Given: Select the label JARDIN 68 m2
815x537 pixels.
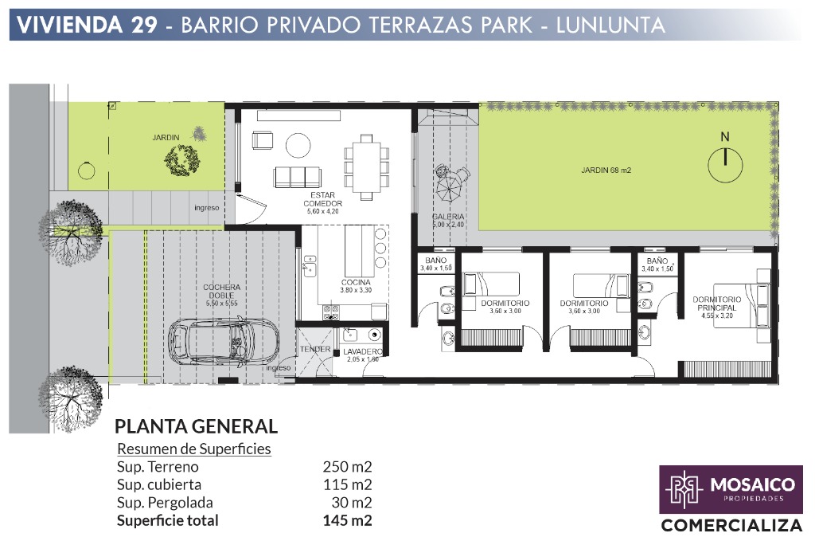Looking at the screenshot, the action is pyautogui.click(x=606, y=171).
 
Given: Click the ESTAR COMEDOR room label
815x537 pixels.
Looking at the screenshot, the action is pyautogui.click(x=323, y=199).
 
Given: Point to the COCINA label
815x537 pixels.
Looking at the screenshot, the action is pyautogui.click(x=356, y=283).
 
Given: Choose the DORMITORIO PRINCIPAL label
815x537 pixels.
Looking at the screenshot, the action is pyautogui.click(x=717, y=304).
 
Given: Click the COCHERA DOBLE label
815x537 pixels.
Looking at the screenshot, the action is pyautogui.click(x=222, y=291).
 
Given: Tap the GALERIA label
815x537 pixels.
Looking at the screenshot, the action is pyautogui.click(x=448, y=217).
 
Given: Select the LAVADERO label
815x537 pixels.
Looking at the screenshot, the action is pyautogui.click(x=363, y=351).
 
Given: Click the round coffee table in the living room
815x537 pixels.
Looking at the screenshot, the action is pyautogui.click(x=298, y=145).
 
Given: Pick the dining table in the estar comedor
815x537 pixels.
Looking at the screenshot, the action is pyautogui.click(x=366, y=167).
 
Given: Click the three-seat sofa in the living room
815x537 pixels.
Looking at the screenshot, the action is pyautogui.click(x=297, y=177).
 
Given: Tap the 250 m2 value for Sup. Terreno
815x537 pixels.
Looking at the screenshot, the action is pyautogui.click(x=347, y=467).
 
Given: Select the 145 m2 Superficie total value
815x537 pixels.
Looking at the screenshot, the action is pyautogui.click(x=347, y=520).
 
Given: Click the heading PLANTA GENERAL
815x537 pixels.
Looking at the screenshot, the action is pyautogui.click(x=196, y=427).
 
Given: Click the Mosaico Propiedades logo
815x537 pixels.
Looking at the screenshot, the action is pyautogui.click(x=731, y=490).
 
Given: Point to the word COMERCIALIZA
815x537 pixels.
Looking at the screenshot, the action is pyautogui.click(x=731, y=525).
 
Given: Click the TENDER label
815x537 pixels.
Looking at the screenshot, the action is pyautogui.click(x=315, y=349).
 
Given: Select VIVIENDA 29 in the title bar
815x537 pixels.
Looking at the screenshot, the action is pyautogui.click(x=87, y=25).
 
